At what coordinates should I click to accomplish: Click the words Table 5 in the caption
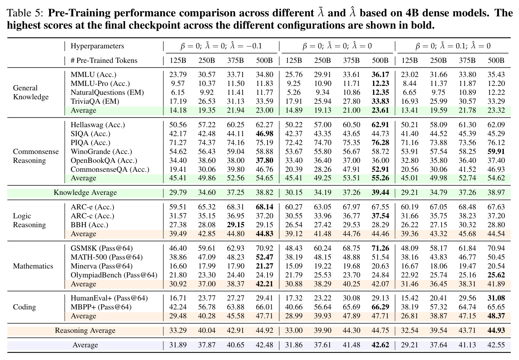point(25,13)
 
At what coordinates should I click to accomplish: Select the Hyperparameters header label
point(97,46)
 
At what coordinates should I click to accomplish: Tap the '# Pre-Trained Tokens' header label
point(104,61)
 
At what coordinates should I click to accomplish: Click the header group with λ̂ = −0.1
point(221,46)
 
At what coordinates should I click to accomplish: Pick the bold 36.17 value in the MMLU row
point(380,75)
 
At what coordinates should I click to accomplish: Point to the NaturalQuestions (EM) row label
point(107,93)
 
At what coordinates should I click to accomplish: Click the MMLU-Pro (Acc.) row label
point(100,83)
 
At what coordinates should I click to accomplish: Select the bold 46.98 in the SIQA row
point(265,134)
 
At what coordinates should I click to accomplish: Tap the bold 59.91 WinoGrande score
point(496,151)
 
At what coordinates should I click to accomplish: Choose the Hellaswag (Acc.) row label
point(98,125)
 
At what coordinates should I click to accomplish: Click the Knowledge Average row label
point(85,193)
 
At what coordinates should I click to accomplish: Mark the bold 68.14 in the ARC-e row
point(265,207)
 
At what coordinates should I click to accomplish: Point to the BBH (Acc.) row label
point(89,225)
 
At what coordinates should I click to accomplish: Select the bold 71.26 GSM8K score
point(380,248)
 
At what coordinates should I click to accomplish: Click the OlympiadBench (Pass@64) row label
point(114,275)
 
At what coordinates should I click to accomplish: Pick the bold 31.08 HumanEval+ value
point(496,298)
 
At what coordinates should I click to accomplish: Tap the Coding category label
point(25,307)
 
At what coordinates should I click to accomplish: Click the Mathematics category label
point(33,266)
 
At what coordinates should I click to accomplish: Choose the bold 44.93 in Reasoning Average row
point(496,331)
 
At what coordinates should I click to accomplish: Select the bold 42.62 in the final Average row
point(380,345)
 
